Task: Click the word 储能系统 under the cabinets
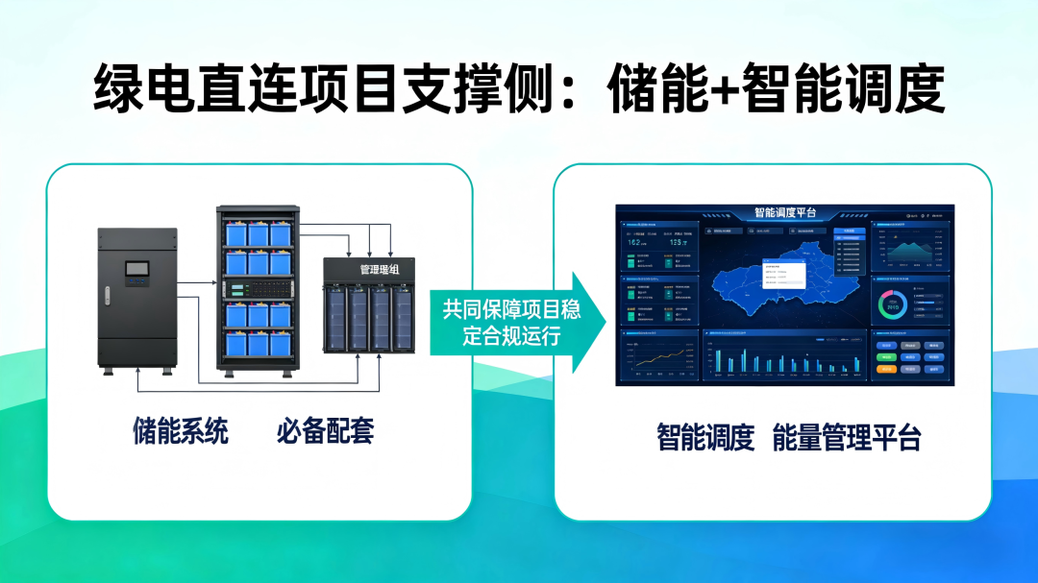[x=181, y=431]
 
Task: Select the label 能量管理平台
[x=846, y=438]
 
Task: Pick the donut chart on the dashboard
[x=892, y=305]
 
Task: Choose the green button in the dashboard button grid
[x=886, y=356]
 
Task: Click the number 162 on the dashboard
[x=635, y=243]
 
